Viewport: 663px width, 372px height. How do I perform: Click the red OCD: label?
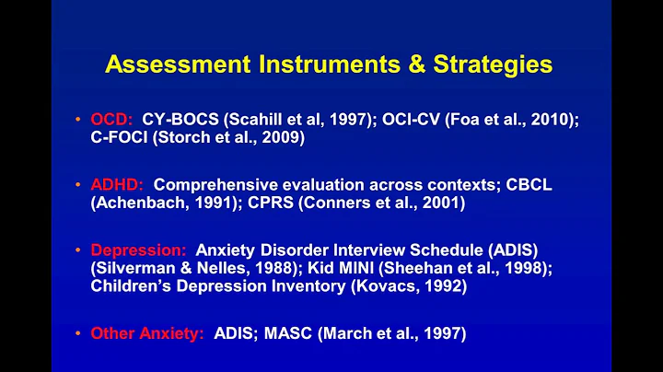(x=111, y=120)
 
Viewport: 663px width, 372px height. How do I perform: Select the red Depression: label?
(x=138, y=249)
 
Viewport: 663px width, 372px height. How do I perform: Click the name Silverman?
(x=138, y=268)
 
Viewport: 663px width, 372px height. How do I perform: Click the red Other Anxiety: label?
(x=147, y=333)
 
